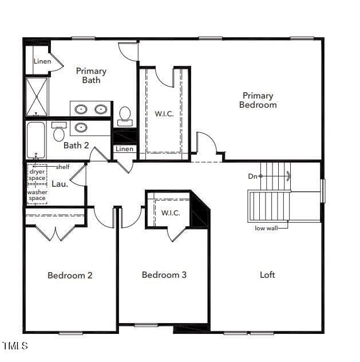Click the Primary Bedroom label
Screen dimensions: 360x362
(258, 100)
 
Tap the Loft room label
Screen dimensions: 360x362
(267, 275)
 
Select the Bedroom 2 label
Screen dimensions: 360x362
(70, 275)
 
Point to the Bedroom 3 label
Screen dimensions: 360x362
(164, 275)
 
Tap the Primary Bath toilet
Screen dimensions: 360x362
(125, 116)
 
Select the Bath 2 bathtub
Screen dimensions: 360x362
(35, 140)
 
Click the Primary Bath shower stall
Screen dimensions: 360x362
(37, 97)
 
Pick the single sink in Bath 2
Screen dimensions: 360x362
(81, 127)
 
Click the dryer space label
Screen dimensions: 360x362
(37, 175)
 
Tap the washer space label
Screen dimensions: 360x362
(37, 195)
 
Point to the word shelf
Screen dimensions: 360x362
(62, 167)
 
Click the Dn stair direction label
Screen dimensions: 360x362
(252, 176)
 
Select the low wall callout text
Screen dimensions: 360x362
(266, 228)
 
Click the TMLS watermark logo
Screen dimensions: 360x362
(15, 345)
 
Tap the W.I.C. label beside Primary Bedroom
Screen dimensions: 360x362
(164, 113)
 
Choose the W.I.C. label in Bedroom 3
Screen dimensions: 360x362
(171, 213)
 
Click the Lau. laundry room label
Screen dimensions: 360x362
(60, 184)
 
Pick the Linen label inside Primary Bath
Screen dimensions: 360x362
(42, 61)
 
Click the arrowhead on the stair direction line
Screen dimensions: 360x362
(288, 176)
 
